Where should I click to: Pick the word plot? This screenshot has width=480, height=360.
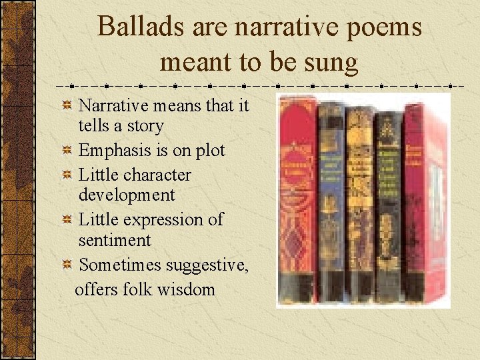[x=209, y=150]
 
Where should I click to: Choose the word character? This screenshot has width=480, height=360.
[x=157, y=175]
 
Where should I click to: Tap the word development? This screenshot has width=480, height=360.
[x=127, y=195]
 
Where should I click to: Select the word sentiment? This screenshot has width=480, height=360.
[x=115, y=239]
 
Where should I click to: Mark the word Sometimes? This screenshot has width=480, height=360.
[x=121, y=265]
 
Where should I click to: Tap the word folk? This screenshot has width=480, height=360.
[x=140, y=289]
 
